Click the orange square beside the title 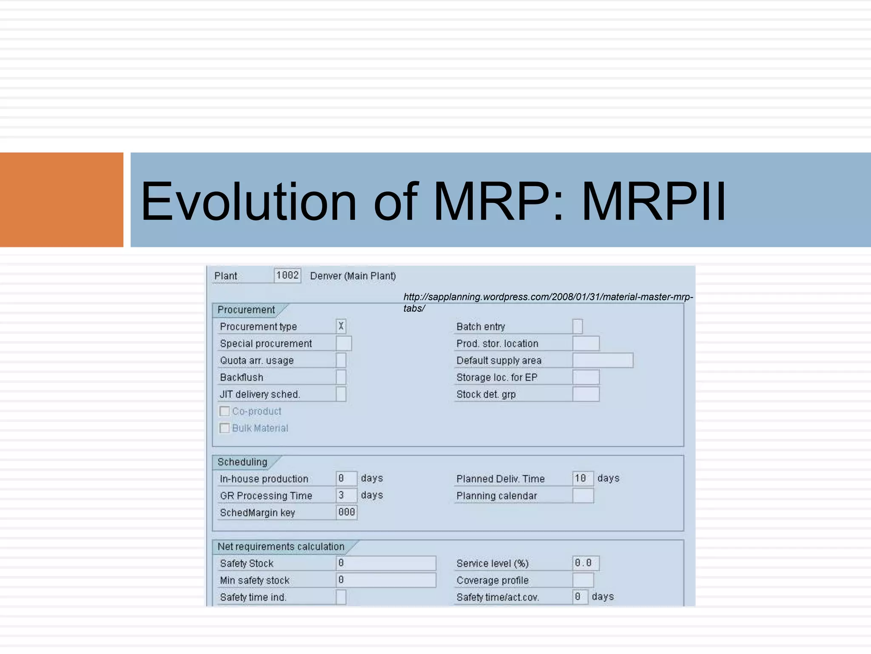[61, 200]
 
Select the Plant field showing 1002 [287, 275]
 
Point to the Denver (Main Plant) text [353, 276]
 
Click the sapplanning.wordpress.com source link [548, 297]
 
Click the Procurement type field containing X [341, 327]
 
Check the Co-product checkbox [225, 411]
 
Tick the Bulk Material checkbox [225, 428]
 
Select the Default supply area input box [602, 360]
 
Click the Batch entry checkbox [577, 327]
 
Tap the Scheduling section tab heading [242, 462]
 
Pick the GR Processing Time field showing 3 [346, 495]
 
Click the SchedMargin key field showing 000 [347, 512]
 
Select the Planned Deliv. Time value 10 [582, 479]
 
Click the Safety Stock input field [386, 563]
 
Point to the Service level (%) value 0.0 [585, 563]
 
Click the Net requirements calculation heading [281, 547]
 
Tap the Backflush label [242, 378]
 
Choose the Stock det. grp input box [586, 394]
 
